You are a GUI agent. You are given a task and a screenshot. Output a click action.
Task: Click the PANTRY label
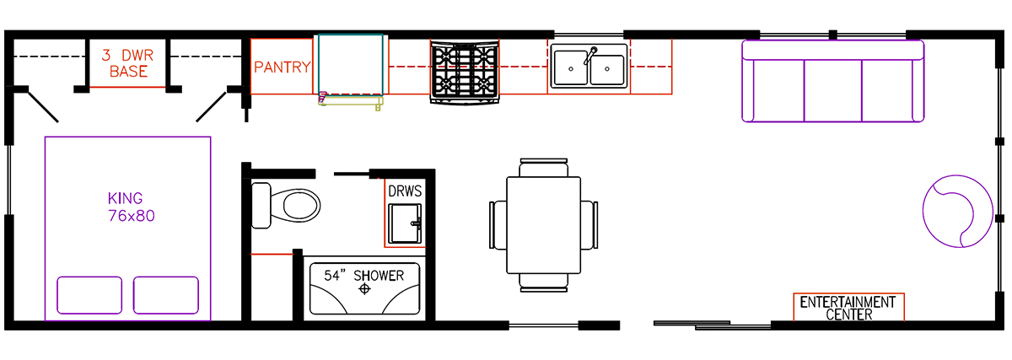tap(283, 67)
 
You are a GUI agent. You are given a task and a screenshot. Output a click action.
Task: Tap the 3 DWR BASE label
tap(127, 64)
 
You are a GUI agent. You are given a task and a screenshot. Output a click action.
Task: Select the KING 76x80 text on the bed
tap(126, 207)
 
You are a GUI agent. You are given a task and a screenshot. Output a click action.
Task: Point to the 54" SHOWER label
tap(364, 275)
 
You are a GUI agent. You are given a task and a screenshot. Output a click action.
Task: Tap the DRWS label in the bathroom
tap(405, 191)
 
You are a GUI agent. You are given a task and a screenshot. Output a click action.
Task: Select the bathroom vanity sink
tap(405, 223)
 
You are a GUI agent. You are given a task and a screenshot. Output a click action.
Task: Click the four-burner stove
tap(464, 71)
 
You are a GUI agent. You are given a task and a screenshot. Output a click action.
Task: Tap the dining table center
tap(542, 226)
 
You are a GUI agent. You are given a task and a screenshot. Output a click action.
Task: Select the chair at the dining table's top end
tap(542, 167)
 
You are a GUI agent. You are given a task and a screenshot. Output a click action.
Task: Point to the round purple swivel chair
tap(957, 210)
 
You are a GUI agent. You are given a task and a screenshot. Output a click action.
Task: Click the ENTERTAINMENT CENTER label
tap(848, 308)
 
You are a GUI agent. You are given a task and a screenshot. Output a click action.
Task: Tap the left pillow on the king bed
tap(87, 295)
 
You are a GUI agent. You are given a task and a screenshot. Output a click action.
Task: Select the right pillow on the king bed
tap(165, 295)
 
